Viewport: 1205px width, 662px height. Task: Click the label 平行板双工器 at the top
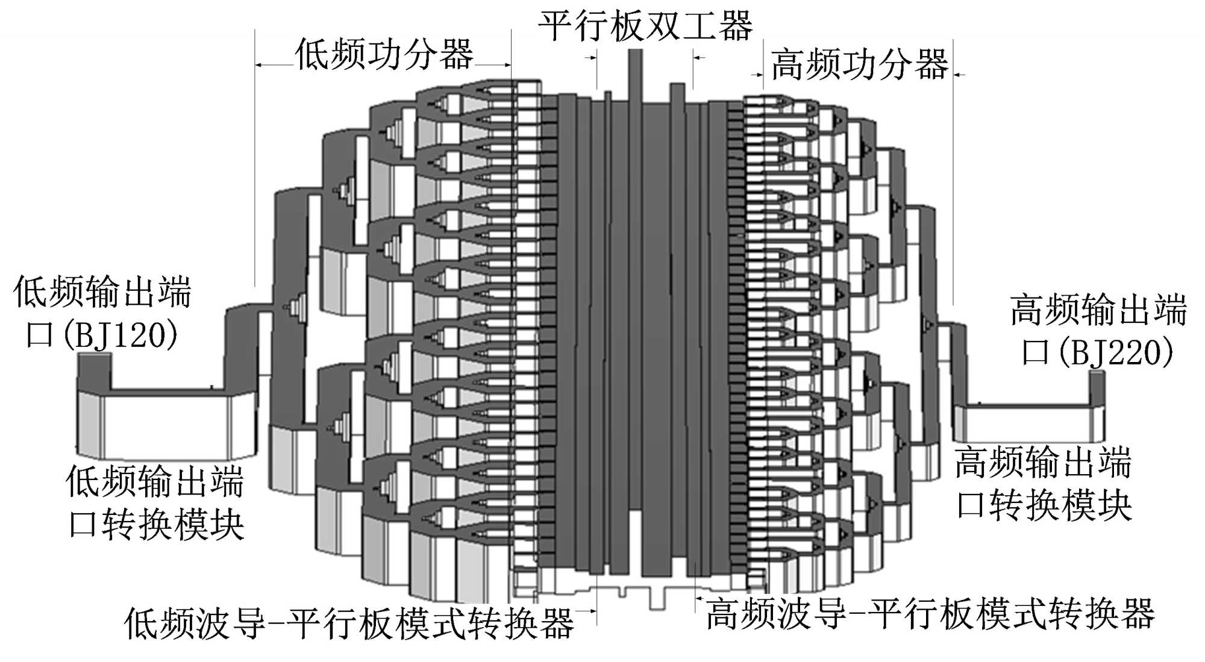(645, 25)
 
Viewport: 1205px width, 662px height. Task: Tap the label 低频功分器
(384, 54)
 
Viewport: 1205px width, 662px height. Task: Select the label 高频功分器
(859, 64)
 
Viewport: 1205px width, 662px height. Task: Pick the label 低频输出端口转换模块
(155, 503)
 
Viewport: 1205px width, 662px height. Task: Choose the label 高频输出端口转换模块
(1044, 484)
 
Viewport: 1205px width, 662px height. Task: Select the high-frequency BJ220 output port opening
(1097, 374)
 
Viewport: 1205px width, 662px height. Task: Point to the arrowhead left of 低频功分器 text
(260, 64)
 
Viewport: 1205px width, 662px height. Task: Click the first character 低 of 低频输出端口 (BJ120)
(30, 292)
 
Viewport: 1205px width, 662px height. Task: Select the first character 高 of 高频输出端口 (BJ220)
(1027, 310)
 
